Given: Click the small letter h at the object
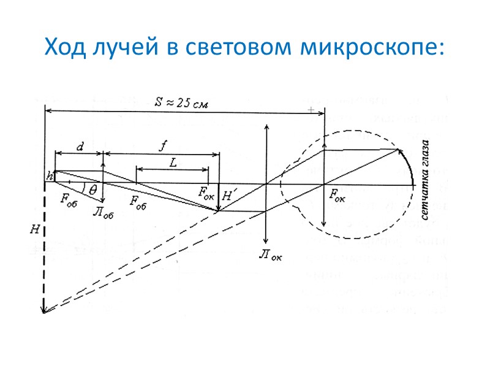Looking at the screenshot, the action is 49,177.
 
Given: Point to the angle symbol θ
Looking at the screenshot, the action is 92,190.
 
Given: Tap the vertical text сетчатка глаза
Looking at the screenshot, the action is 424,181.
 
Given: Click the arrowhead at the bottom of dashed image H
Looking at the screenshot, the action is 44,310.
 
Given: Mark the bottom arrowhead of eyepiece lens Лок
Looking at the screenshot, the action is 266,243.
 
